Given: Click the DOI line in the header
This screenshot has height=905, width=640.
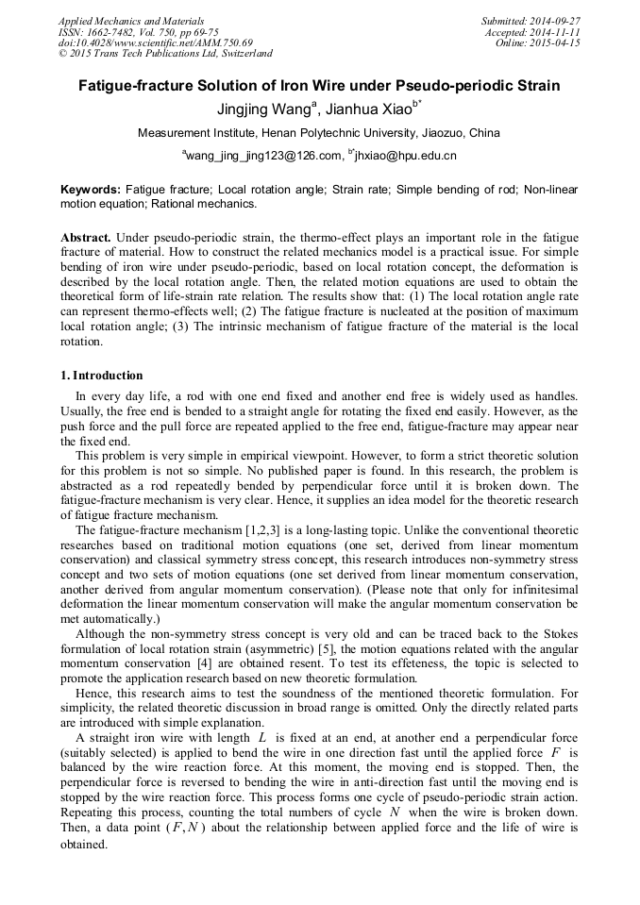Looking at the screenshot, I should [x=156, y=43].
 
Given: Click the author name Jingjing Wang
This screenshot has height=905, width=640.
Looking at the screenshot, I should [x=252, y=109].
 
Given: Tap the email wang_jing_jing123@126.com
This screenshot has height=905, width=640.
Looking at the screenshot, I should [x=257, y=155].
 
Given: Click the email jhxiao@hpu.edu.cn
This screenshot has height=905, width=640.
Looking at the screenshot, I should [x=406, y=155].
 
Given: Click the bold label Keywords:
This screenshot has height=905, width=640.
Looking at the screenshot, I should [x=91, y=190].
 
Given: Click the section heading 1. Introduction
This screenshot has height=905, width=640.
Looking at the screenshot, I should [x=102, y=376].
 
